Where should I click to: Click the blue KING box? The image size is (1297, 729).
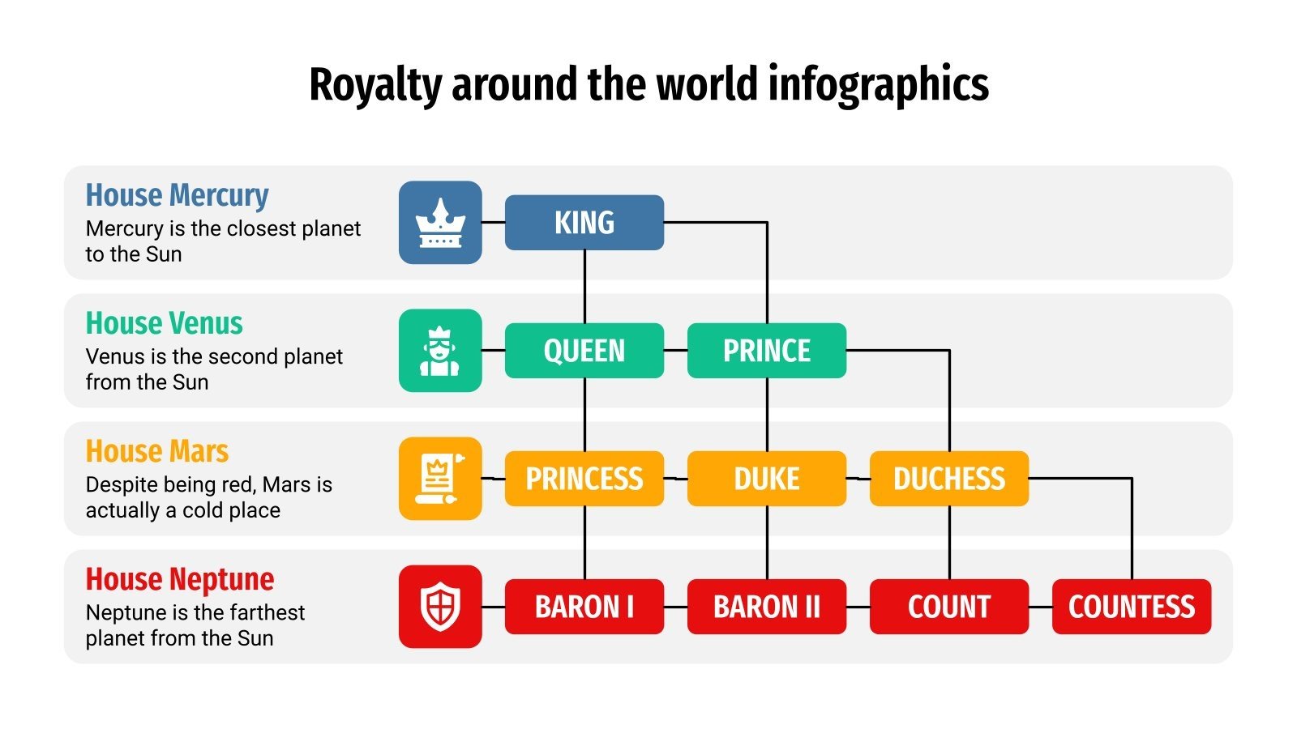click(x=584, y=222)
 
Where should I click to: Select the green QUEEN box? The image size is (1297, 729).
click(x=584, y=350)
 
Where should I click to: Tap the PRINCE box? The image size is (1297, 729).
click(x=766, y=350)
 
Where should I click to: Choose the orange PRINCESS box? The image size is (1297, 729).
click(x=584, y=478)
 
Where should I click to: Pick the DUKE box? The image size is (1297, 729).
click(x=766, y=478)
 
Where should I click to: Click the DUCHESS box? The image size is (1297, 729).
click(x=948, y=478)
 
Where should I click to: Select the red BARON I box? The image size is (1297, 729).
click(x=584, y=606)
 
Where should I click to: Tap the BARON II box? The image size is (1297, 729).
click(x=766, y=606)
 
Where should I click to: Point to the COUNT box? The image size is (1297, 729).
click(x=948, y=606)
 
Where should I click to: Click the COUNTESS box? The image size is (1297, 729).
click(x=1131, y=606)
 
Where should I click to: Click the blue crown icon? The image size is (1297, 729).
click(x=439, y=222)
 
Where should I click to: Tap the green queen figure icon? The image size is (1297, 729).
click(x=439, y=350)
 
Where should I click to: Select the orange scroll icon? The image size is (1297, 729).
click(x=439, y=478)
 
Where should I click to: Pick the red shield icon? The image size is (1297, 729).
click(x=439, y=606)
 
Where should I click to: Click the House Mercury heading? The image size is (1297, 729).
click(x=177, y=195)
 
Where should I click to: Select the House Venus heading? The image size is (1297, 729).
click(x=164, y=323)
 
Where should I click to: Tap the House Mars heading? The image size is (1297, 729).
click(x=156, y=451)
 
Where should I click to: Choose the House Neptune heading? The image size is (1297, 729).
click(x=179, y=579)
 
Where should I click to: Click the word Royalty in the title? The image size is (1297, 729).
click(x=375, y=85)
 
